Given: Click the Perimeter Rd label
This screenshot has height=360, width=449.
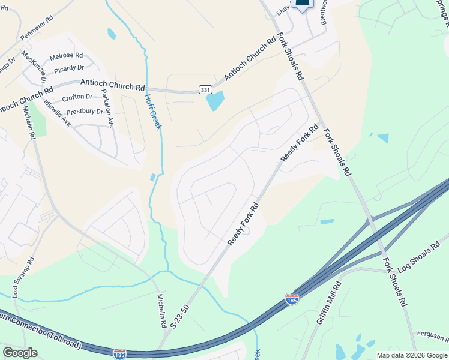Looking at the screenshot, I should (37, 28).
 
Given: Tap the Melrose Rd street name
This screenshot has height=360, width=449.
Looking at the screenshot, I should (66, 56).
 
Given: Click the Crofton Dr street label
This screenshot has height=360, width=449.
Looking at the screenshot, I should (76, 97).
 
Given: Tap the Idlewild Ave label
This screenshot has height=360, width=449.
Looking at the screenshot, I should (58, 112).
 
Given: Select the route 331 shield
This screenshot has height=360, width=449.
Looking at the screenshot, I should (205, 89).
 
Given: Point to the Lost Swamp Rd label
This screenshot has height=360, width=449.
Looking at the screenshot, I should (23, 277).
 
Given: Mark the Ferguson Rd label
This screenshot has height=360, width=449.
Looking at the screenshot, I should (432, 334).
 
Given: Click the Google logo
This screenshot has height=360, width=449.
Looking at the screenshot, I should (20, 353).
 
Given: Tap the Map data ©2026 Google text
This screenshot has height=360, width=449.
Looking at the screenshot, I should (412, 355).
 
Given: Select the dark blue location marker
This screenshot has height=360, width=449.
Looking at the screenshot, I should (303, 4).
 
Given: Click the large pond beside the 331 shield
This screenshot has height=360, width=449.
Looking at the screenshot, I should (215, 101).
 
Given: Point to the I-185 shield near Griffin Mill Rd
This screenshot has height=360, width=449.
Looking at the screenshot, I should (292, 298).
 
